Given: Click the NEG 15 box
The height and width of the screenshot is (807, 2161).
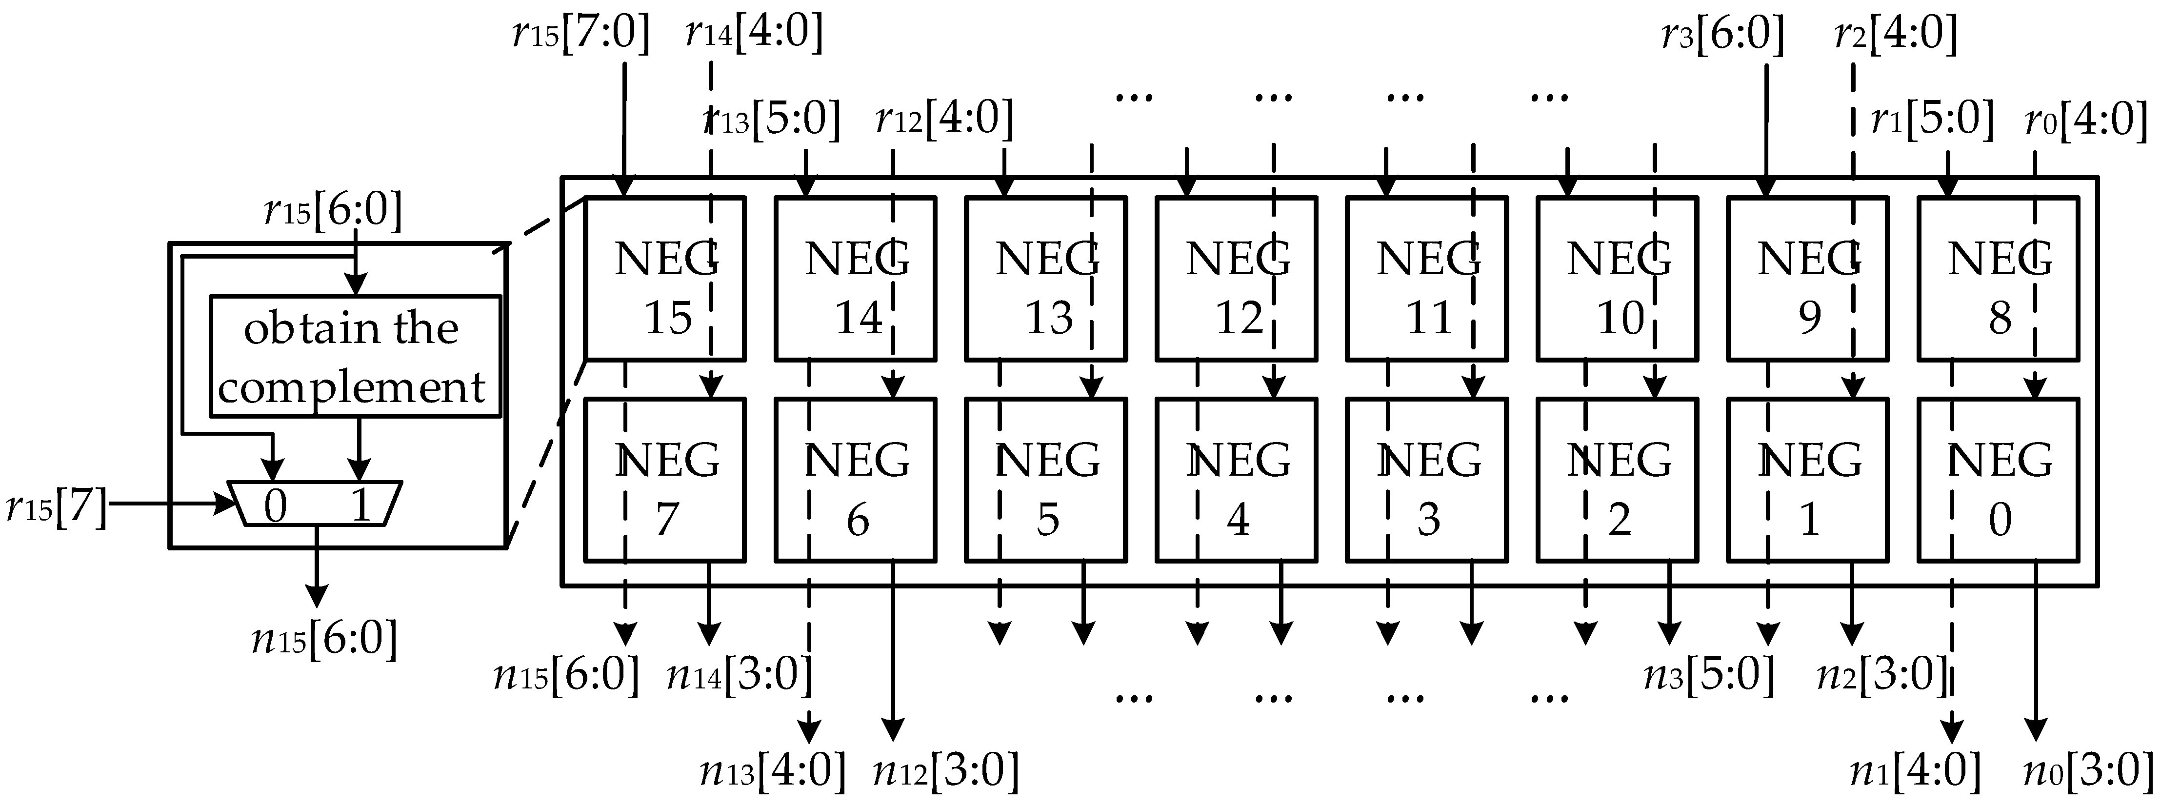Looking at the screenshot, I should (664, 279).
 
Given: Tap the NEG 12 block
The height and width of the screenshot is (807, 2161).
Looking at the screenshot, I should (1237, 279).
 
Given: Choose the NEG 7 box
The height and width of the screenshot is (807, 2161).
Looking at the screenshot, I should (664, 480).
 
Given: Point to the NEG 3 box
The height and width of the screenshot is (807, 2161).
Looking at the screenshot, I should (1427, 480).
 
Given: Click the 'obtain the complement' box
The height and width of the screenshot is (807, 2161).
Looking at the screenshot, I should (354, 357).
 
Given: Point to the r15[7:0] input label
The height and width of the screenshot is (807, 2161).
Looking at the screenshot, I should (580, 35).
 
